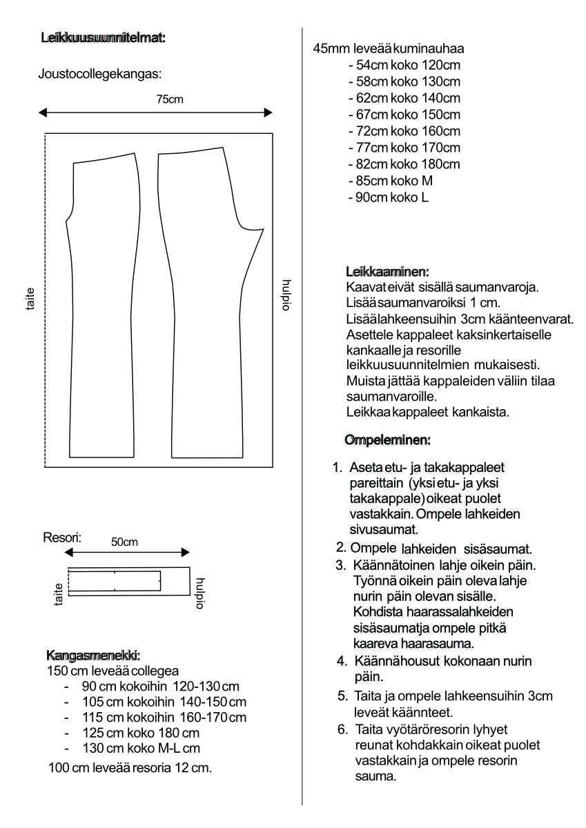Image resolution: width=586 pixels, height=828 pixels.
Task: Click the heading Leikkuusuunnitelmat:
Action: pyautogui.click(x=104, y=38)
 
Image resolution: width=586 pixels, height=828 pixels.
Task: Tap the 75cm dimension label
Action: pyautogui.click(x=170, y=99)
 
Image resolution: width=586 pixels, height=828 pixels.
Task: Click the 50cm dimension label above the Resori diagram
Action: pyautogui.click(x=124, y=542)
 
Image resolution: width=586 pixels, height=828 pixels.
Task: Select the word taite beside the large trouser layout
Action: pyautogui.click(x=30, y=299)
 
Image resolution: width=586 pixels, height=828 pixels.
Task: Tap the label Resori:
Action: pyautogui.click(x=62, y=537)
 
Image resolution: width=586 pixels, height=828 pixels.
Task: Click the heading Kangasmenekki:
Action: pyautogui.click(x=94, y=654)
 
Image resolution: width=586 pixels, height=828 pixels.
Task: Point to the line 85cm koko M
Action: pyautogui.click(x=391, y=181)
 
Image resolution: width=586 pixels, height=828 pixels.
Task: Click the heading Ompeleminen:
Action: pyautogui.click(x=387, y=440)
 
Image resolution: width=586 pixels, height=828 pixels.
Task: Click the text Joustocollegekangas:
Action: pyautogui.click(x=99, y=72)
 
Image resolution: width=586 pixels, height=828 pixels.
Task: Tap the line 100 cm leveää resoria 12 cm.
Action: pyautogui.click(x=130, y=767)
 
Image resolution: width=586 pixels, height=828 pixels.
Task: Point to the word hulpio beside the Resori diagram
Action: pyautogui.click(x=201, y=593)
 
